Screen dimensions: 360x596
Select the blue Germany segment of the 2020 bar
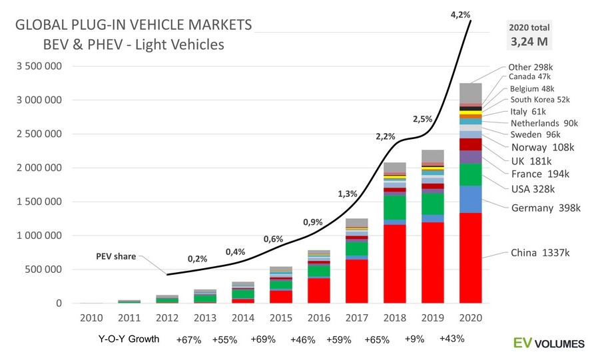470,199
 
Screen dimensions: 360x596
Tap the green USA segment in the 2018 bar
394,208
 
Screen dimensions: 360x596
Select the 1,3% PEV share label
347,194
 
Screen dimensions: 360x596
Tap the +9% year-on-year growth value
415,339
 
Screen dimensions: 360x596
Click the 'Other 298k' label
530,67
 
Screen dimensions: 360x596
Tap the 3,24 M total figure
531,41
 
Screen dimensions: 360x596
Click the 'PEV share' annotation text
115,256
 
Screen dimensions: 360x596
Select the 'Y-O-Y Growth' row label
129,339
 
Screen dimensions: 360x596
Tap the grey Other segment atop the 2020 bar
470,92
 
